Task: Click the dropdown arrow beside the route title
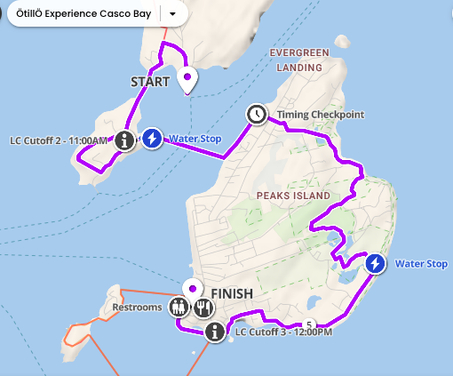point(172,14)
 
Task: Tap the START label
point(149,82)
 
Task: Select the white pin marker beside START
point(187,80)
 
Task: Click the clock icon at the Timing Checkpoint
point(256,114)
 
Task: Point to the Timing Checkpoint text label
point(309,115)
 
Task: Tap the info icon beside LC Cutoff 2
point(126,139)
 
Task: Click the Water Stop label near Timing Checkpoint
point(195,139)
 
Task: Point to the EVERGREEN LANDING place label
point(298,60)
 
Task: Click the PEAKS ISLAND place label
point(292,195)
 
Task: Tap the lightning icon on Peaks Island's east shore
point(376,264)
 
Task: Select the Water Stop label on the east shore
point(421,264)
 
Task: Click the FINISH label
point(232,293)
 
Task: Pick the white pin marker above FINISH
point(192,289)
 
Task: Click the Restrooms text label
point(138,308)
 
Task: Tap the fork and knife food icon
point(203,308)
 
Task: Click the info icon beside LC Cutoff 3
point(214,332)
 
